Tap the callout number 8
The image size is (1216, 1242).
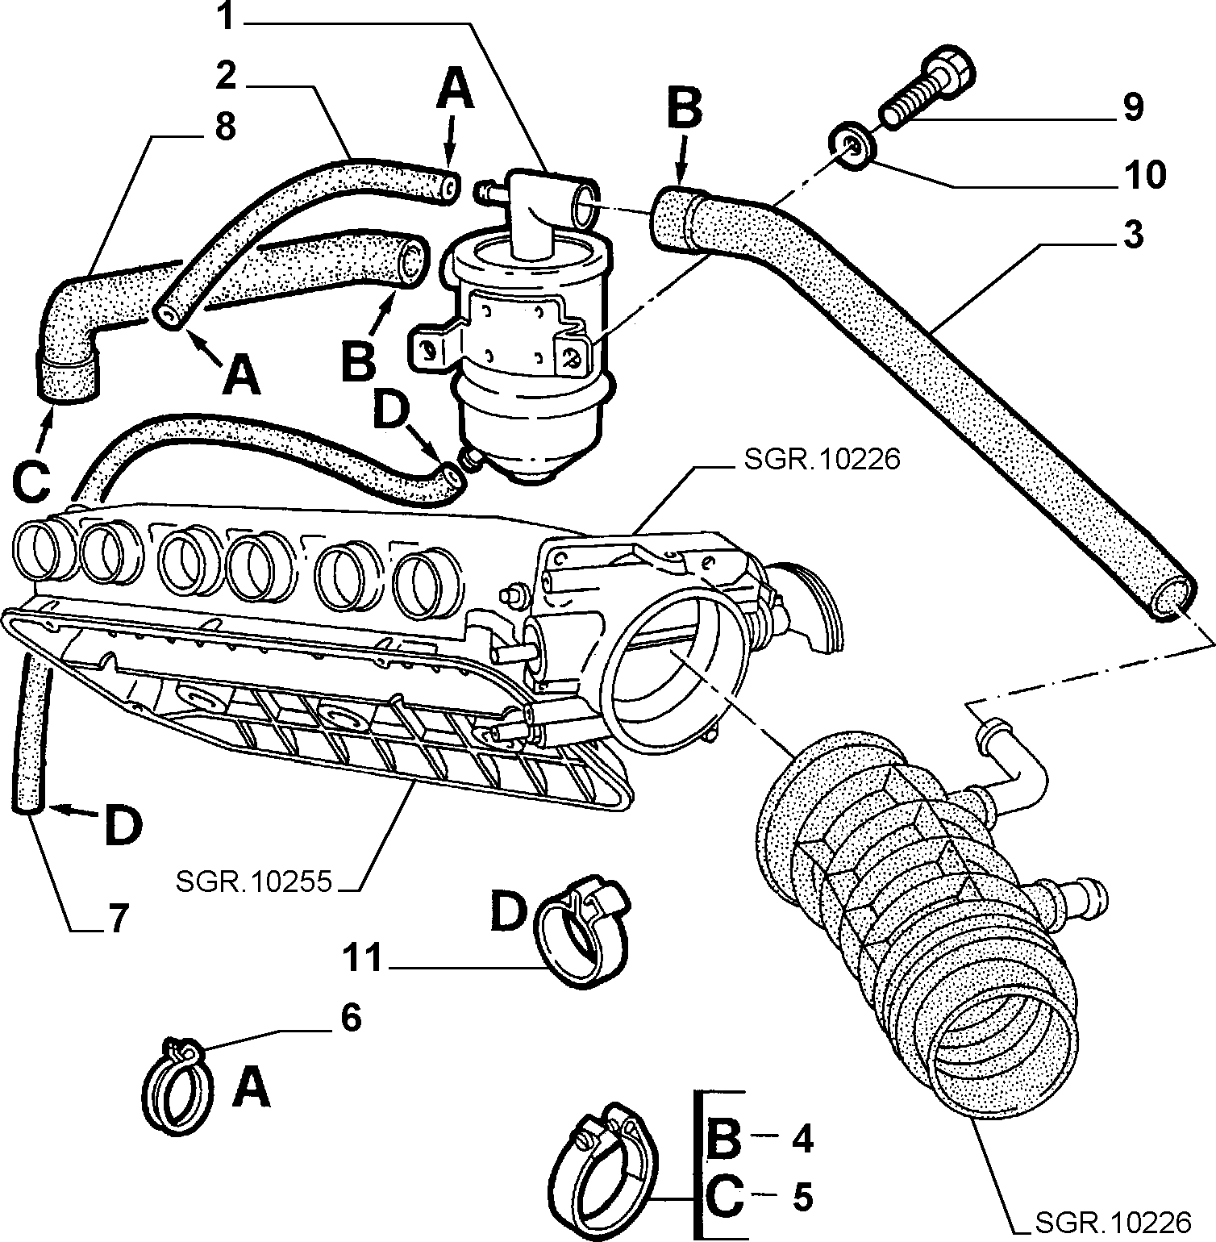(x=225, y=127)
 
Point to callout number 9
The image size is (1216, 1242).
(x=1133, y=106)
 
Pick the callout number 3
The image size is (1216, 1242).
(x=1133, y=235)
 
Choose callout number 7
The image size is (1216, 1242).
(x=118, y=919)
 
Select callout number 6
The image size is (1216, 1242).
(x=351, y=1019)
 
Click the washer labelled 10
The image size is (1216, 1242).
(x=852, y=145)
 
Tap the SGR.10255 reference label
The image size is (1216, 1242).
(x=253, y=881)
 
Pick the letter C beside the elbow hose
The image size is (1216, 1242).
(x=32, y=481)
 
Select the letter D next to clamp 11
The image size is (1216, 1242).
(x=510, y=912)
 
